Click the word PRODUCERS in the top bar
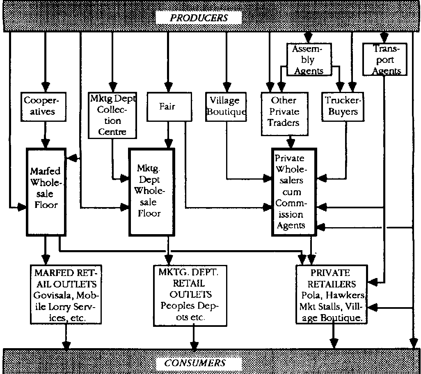coord(199,18)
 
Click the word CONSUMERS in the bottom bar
coord(195,363)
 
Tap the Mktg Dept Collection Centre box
coord(112,114)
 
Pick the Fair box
coord(167,107)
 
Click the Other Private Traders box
coord(284,112)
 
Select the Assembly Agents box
coord(309,60)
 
